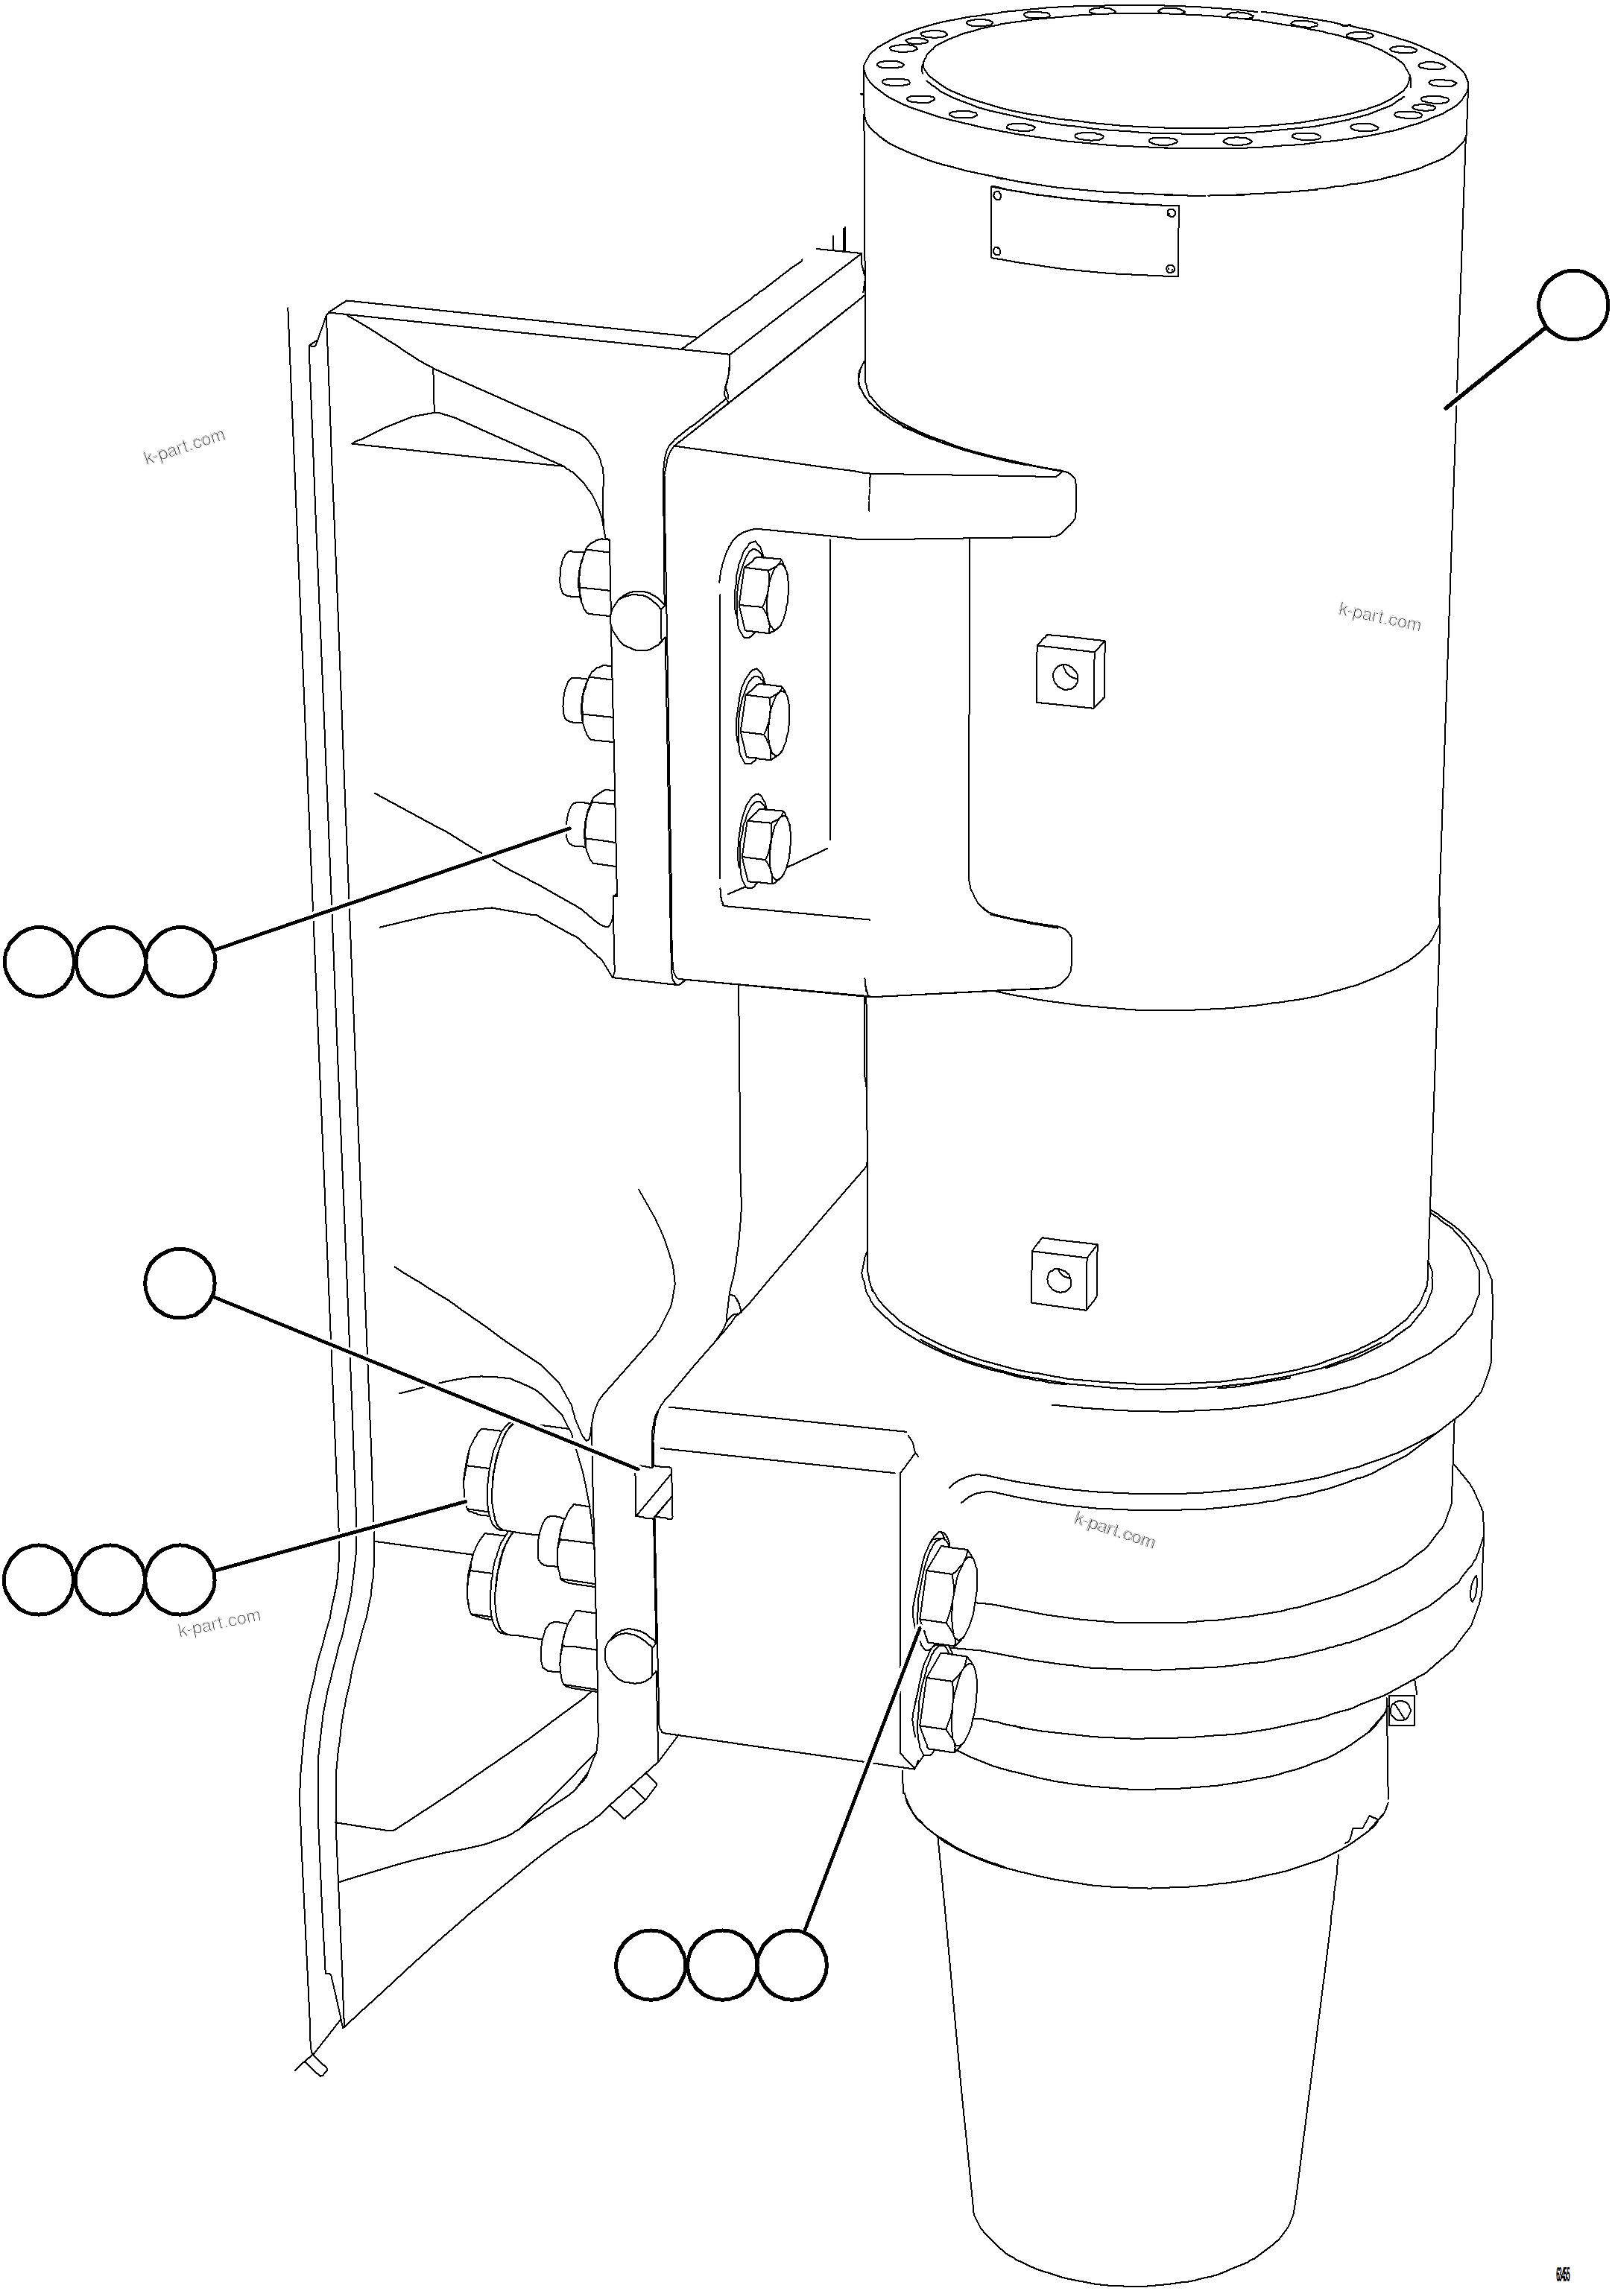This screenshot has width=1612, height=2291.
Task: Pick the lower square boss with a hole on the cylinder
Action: pos(1064,1273)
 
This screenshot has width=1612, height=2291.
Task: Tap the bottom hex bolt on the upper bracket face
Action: pos(765,844)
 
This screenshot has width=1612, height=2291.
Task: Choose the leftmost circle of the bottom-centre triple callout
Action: pos(651,1965)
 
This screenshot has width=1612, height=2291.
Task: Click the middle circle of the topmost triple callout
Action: pos(110,962)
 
